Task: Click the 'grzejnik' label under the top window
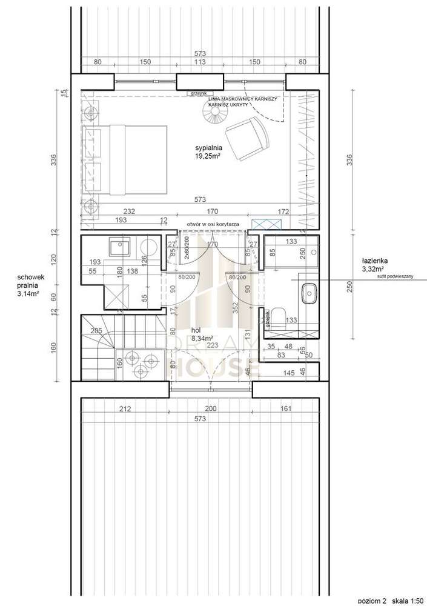pos(197,93)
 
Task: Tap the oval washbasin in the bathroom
pos(310,293)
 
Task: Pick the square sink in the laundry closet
pos(116,247)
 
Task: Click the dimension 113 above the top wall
pos(200,61)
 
